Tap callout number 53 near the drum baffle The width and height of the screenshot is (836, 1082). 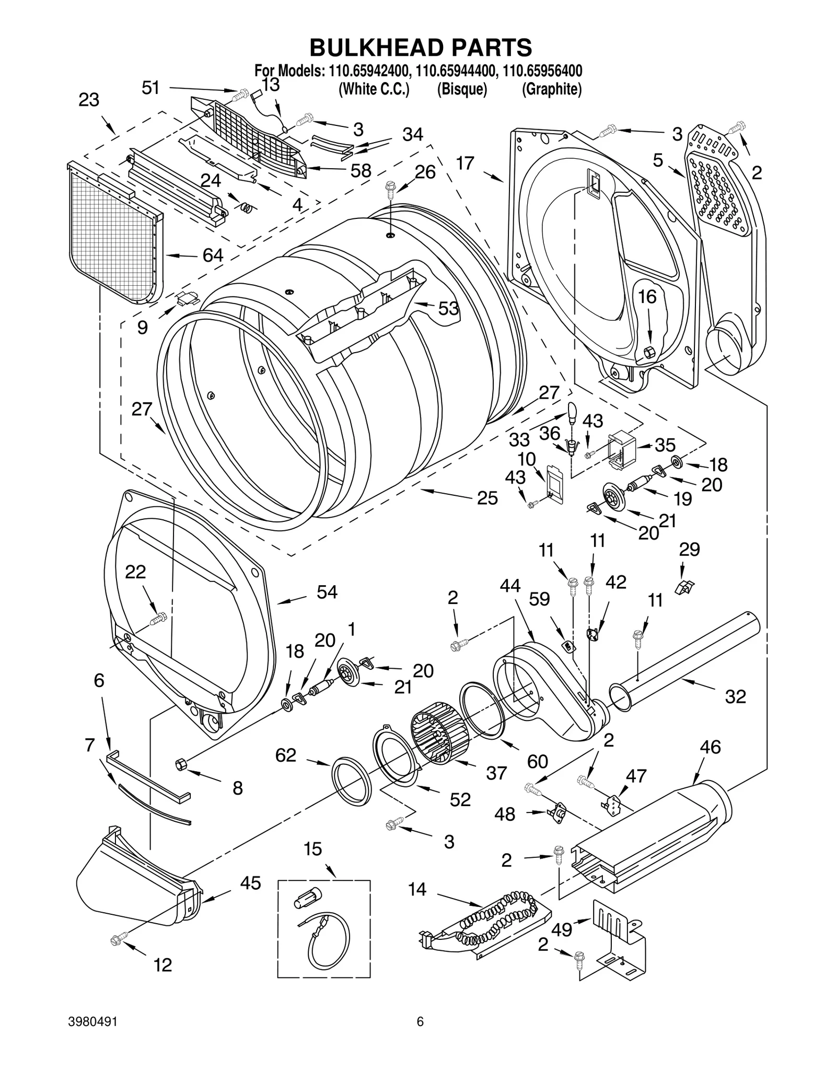pyautogui.click(x=448, y=309)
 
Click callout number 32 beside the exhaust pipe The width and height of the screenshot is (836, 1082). pyautogui.click(x=735, y=696)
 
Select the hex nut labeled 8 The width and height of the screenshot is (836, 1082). pyautogui.click(x=180, y=765)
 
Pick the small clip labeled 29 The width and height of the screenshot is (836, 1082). pyautogui.click(x=684, y=587)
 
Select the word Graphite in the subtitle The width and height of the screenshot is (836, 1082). pyautogui.click(x=551, y=89)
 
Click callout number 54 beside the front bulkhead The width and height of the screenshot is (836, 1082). pyautogui.click(x=327, y=592)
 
